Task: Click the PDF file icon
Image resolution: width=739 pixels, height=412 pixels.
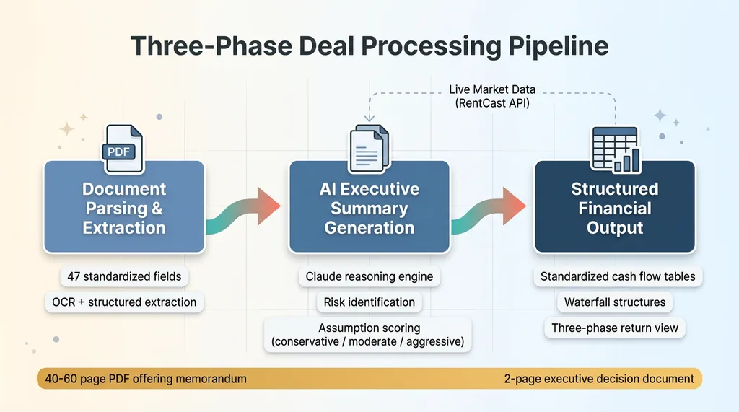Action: pyautogui.click(x=123, y=149)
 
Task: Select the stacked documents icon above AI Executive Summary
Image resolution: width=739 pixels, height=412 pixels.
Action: pyautogui.click(x=369, y=149)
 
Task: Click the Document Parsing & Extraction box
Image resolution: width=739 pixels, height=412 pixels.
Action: pyautogui.click(x=124, y=207)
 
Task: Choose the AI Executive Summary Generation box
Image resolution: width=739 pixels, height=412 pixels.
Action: pyautogui.click(x=369, y=207)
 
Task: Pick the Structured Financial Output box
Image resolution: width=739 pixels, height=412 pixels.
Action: pyautogui.click(x=614, y=207)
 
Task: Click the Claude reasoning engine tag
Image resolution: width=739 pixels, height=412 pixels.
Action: pyautogui.click(x=369, y=276)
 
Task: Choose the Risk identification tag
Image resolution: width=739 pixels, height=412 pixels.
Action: pyautogui.click(x=369, y=302)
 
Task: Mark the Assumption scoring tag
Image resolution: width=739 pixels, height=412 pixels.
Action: pyautogui.click(x=369, y=335)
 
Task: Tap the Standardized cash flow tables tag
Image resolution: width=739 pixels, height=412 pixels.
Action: pyautogui.click(x=618, y=276)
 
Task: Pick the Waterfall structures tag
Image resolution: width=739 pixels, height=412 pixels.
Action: pyautogui.click(x=615, y=302)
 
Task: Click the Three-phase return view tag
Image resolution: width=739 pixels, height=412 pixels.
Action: pyautogui.click(x=615, y=328)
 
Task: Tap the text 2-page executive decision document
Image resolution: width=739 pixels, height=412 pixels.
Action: pyautogui.click(x=599, y=379)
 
